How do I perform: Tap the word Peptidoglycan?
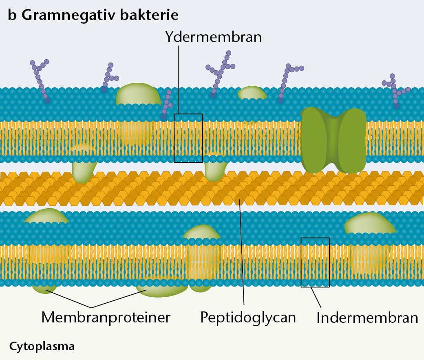248,318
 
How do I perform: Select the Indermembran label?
367,318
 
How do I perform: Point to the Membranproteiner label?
106,318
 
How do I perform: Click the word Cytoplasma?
42,347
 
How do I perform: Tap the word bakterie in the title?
149,15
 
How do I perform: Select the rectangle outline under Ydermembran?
174,138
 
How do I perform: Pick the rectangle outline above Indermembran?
301,262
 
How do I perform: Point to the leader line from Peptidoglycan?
242,253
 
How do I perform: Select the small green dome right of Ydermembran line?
252,93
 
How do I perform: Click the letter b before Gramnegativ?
12,15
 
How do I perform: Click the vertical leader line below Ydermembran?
179,80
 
